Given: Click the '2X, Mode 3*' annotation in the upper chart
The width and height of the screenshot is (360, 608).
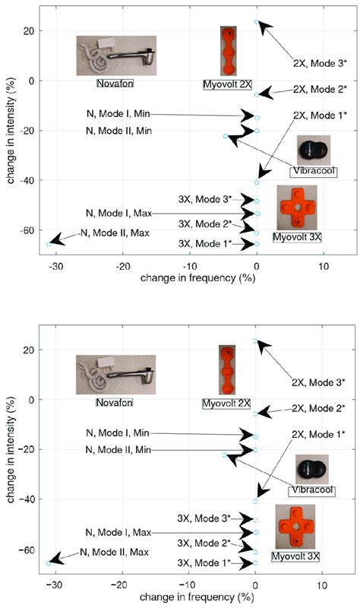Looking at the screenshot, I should coord(319,63).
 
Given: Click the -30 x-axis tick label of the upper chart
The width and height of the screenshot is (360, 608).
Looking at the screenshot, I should coord(55,267).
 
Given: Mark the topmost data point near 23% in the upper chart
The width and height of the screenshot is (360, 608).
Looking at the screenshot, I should coord(257,22).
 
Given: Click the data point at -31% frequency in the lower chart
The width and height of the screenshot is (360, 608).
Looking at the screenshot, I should coord(49,563).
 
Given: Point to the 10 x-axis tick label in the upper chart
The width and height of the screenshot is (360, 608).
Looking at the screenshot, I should coord(323,267).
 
